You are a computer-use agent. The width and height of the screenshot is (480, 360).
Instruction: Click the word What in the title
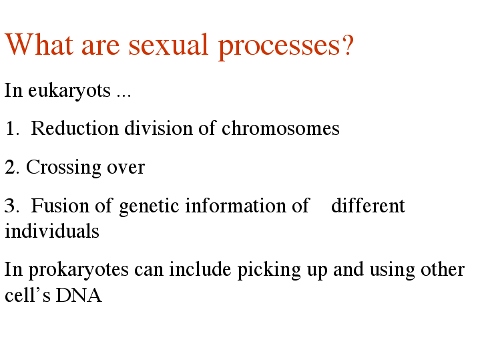tap(39, 45)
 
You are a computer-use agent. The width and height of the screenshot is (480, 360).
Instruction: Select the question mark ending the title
tap(348, 45)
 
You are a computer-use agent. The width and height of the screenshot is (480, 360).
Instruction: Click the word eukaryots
tap(69, 91)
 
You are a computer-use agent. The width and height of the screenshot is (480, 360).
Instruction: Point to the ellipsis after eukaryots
tap(124, 96)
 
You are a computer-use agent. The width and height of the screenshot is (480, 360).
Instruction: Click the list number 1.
tap(12, 128)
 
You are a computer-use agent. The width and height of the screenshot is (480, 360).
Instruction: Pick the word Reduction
tap(75, 128)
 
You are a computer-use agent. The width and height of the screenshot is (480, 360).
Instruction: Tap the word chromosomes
tap(280, 128)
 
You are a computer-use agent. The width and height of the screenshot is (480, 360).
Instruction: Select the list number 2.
tap(12, 167)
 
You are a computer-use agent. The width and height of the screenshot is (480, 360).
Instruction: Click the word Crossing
tap(63, 168)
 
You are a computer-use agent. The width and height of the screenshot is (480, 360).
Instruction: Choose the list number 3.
tap(11, 206)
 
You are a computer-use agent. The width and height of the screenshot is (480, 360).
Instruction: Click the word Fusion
tap(60, 206)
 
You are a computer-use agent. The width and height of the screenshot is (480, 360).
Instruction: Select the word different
tap(368, 205)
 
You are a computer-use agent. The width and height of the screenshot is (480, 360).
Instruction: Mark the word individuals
tap(52, 230)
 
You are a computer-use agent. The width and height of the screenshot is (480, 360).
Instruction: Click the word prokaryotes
tap(78, 271)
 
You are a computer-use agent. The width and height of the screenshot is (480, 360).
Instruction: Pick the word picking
tap(269, 271)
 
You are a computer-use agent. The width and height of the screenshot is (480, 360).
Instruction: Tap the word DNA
tap(79, 295)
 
